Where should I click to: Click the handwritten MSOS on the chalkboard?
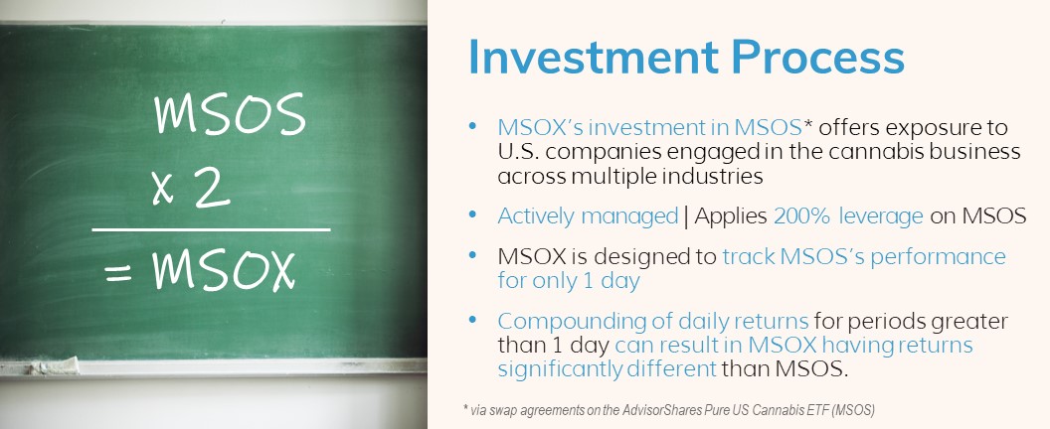point(230,118)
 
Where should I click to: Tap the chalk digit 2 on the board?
point(212,190)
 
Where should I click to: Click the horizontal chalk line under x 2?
point(211,229)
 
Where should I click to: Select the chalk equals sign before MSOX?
point(117,271)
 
